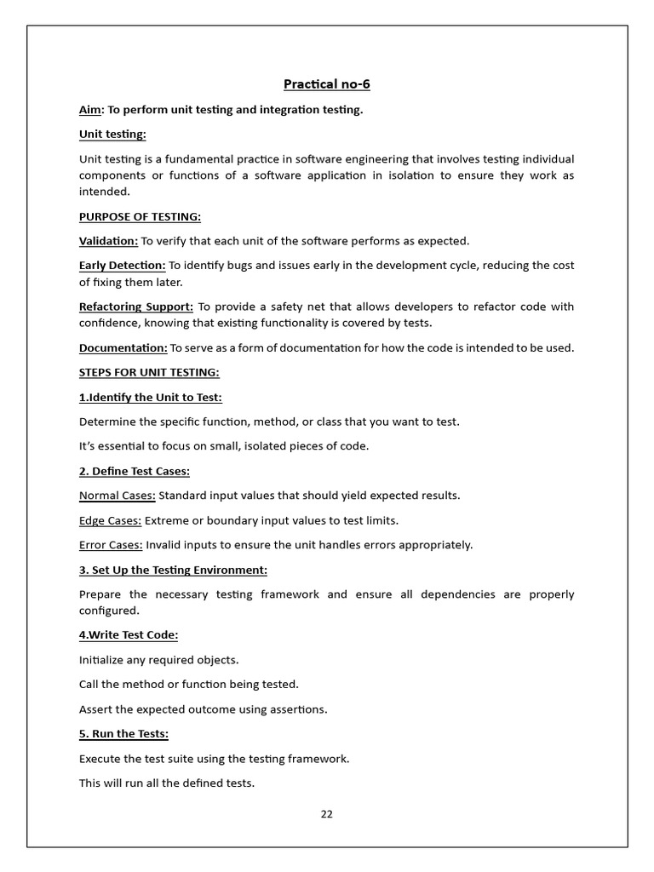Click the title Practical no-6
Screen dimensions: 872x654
(x=326, y=84)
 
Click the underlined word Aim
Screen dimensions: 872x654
(x=89, y=110)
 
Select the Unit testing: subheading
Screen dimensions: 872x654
(x=112, y=135)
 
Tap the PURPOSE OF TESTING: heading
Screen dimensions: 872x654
(x=140, y=216)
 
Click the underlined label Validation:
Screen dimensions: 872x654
(x=108, y=241)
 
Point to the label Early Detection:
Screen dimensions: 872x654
(x=122, y=266)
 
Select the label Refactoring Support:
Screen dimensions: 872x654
(x=136, y=307)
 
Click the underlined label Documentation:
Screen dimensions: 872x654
(x=123, y=347)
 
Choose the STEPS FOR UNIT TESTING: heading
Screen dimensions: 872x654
(x=149, y=372)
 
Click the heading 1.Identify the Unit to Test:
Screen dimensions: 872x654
(x=150, y=397)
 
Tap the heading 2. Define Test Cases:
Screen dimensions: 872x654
(x=135, y=471)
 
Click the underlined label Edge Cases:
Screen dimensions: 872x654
(x=111, y=520)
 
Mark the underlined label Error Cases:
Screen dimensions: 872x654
(x=111, y=545)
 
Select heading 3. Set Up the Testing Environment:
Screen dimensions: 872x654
(x=173, y=570)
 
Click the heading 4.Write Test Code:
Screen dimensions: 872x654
(x=129, y=634)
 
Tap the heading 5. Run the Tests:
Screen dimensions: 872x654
(x=123, y=733)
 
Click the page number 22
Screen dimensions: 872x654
(x=327, y=814)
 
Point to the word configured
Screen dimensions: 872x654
(x=108, y=611)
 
